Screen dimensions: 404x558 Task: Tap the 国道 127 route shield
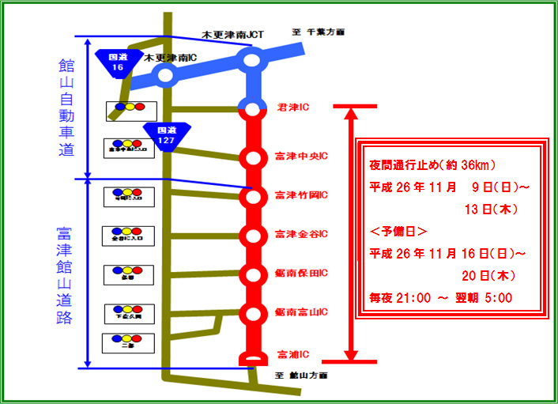[165, 134]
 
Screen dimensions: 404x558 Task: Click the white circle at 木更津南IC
[165, 76]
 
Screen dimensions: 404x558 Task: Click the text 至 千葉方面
[319, 32]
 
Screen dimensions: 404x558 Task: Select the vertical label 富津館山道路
[64, 276]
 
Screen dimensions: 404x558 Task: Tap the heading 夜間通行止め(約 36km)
[432, 165]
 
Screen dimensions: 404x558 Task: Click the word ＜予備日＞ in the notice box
[400, 232]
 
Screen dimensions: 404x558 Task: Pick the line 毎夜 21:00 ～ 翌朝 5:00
[441, 298]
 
